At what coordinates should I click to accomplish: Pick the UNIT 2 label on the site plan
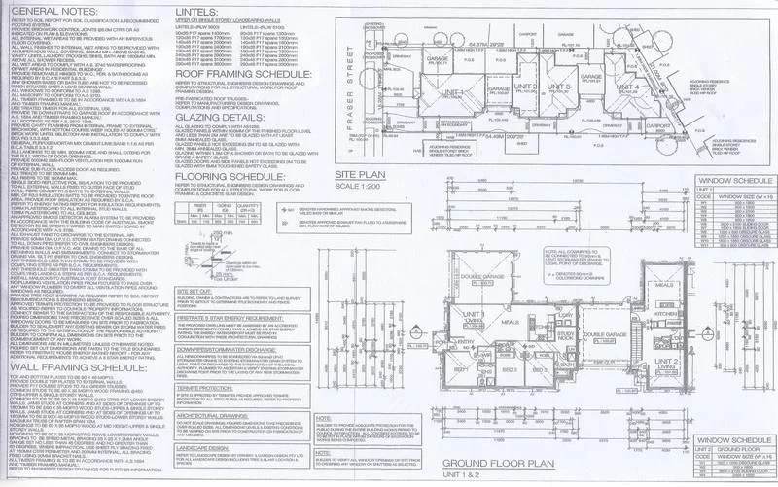pos(518,87)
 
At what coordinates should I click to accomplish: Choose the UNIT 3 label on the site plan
pos(557,87)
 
